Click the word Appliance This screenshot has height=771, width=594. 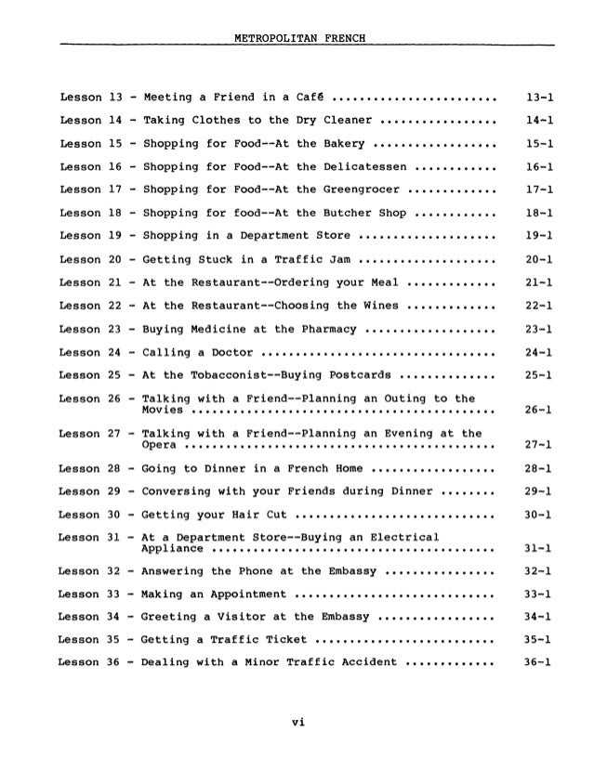tap(171, 544)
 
